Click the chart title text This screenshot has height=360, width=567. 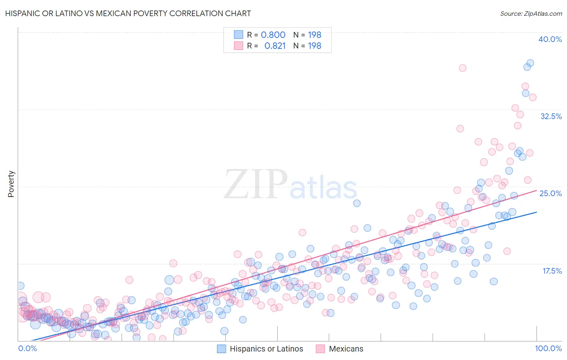(x=128, y=13)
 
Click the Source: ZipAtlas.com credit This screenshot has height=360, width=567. (x=531, y=13)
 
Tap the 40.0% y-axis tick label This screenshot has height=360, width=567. (x=550, y=39)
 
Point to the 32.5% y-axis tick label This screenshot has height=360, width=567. (x=551, y=116)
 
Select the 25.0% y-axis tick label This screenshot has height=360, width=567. (x=550, y=193)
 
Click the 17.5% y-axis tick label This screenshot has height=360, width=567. (x=552, y=271)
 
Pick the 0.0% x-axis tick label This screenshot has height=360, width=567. (x=27, y=348)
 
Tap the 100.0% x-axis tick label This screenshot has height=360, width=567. (x=548, y=348)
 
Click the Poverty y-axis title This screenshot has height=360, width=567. (x=11, y=184)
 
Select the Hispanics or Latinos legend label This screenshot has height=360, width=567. (x=266, y=349)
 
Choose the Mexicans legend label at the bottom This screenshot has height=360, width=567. (x=346, y=349)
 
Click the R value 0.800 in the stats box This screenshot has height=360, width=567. (x=273, y=35)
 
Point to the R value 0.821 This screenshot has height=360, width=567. (x=275, y=46)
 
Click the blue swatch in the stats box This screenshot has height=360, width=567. (x=238, y=35)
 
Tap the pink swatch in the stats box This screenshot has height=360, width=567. (x=238, y=46)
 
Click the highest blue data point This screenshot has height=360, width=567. (x=530, y=63)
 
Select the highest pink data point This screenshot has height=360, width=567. (x=463, y=68)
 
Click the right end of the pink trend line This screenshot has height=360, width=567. (x=536, y=190)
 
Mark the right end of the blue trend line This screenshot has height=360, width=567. (x=536, y=212)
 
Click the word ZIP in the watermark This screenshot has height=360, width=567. (x=255, y=184)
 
